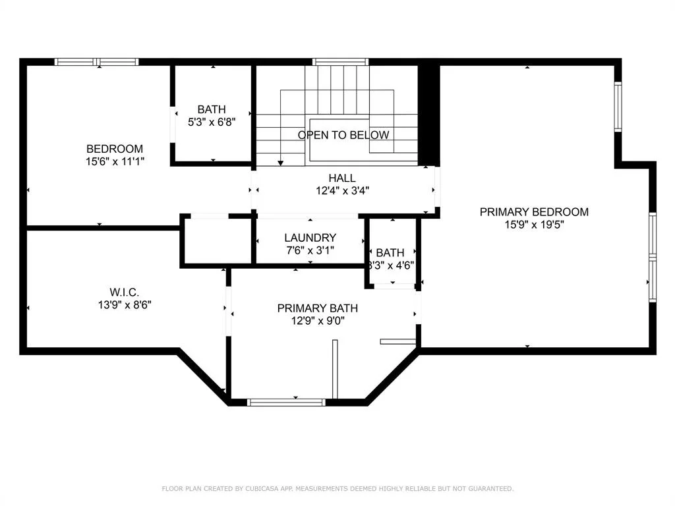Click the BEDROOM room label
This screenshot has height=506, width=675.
[x=115, y=149]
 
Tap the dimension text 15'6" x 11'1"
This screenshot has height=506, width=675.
[x=115, y=161]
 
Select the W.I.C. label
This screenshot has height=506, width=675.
[x=125, y=292]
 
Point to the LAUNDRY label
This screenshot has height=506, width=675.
[x=310, y=237]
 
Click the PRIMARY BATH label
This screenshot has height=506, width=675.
[x=318, y=308]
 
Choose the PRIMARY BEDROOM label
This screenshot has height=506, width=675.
[x=534, y=211]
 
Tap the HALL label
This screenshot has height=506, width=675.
[x=342, y=178]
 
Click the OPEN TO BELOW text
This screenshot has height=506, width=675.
[x=343, y=135]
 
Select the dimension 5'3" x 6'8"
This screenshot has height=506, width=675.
[x=212, y=122]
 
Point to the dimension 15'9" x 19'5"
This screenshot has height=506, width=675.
[x=534, y=224]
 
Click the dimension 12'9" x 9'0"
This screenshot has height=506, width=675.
[x=318, y=321]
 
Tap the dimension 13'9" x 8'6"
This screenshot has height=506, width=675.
[x=125, y=304]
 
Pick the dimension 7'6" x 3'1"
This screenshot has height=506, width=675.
[x=310, y=250]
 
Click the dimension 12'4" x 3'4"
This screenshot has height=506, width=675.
[x=342, y=190]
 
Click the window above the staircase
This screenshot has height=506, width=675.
[x=341, y=62]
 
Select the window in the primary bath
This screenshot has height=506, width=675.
[x=286, y=403]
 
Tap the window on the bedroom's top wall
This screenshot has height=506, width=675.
[x=96, y=62]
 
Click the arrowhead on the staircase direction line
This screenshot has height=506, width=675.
[x=281, y=163]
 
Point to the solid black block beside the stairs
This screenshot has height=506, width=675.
[x=428, y=115]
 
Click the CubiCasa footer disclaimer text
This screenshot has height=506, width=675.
[x=337, y=488]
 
